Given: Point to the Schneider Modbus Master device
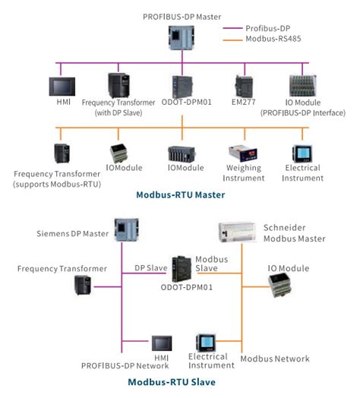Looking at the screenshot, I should pos(235,232).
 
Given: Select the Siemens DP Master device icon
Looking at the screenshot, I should pos(123,230).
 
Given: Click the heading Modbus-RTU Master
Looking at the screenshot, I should pos(180,194).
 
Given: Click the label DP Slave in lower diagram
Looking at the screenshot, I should pos(150,267).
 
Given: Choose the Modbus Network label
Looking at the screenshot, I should pos(275,358).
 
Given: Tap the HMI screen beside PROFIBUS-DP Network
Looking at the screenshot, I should pos(161,344).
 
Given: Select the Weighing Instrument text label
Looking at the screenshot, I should pos(244,172).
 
